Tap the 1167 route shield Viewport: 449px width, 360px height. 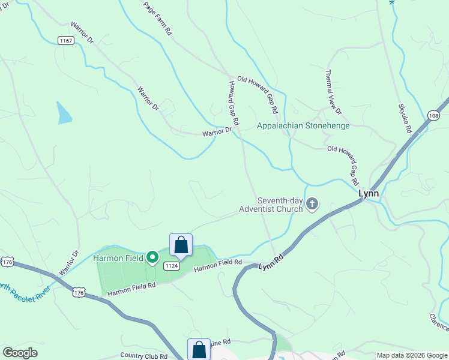click(x=66, y=40)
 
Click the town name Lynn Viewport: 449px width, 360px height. click(x=368, y=193)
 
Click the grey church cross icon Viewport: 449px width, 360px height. click(x=312, y=205)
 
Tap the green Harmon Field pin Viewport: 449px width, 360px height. click(x=152, y=257)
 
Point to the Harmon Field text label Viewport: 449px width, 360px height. click(x=118, y=258)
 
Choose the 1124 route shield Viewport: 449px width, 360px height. click(x=171, y=266)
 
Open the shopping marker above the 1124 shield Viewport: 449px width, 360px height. click(x=181, y=245)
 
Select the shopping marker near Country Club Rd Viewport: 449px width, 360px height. click(x=199, y=350)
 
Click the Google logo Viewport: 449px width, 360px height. click(x=20, y=353)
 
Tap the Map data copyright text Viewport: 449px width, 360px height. click(x=411, y=355)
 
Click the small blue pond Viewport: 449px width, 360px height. click(x=64, y=113)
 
